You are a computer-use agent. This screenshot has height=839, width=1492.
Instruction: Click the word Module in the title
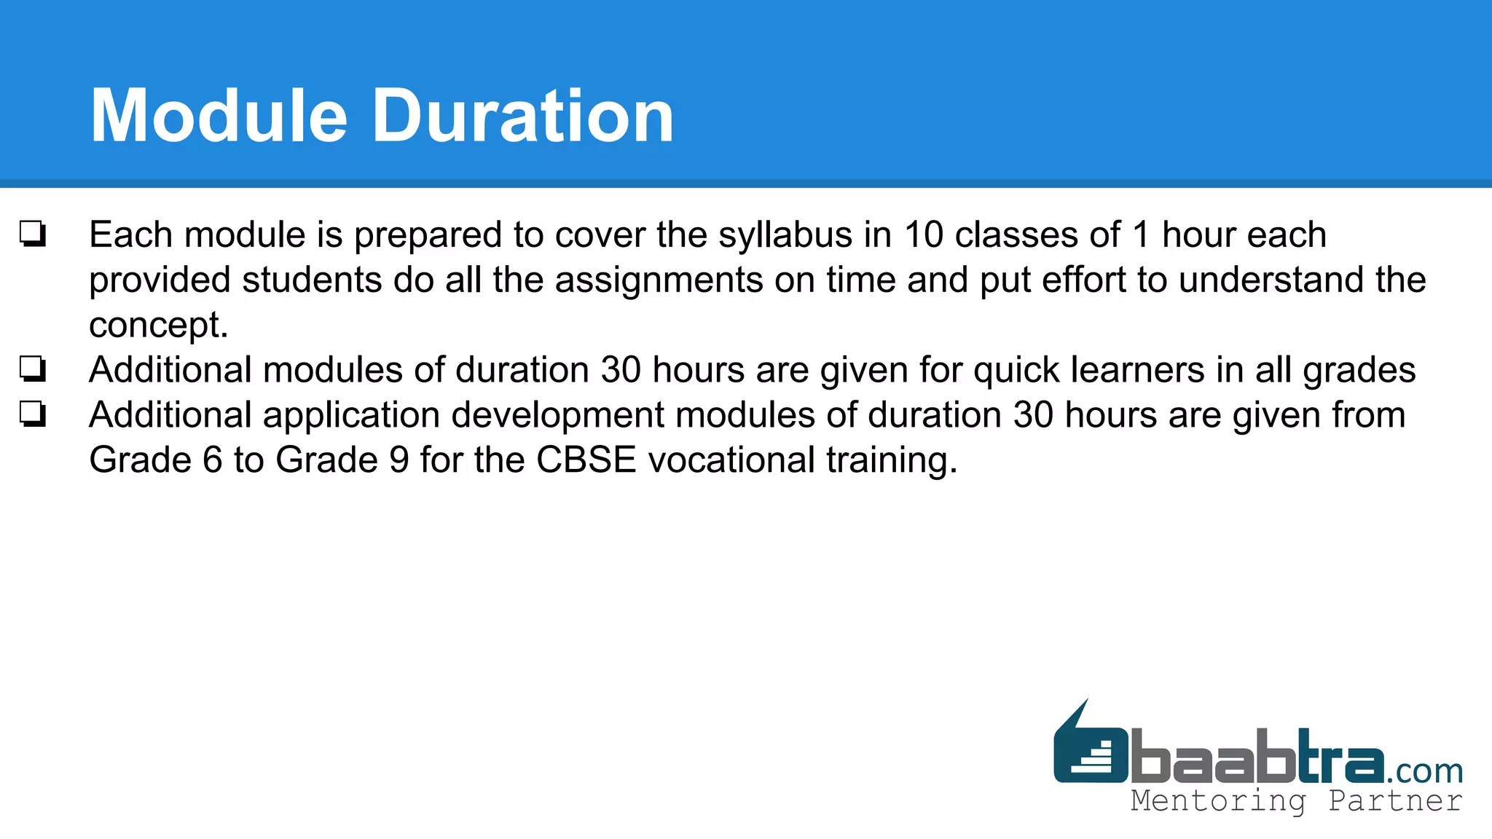pyautogui.click(x=219, y=117)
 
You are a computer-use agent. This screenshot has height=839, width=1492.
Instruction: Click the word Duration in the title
pyautogui.click(x=523, y=117)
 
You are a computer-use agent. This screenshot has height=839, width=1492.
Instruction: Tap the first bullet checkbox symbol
pyautogui.click(x=33, y=235)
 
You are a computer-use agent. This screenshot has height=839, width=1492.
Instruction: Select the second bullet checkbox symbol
pyautogui.click(x=33, y=369)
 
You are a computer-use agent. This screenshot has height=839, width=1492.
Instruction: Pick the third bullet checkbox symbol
pyautogui.click(x=33, y=414)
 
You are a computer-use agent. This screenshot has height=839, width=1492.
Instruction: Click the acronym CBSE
pyautogui.click(x=586, y=460)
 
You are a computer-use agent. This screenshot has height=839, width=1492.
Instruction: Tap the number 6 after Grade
pyautogui.click(x=212, y=460)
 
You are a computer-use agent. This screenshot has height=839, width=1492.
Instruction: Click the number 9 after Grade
pyautogui.click(x=399, y=460)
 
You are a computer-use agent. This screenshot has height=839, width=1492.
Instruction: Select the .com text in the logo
pyautogui.click(x=1424, y=771)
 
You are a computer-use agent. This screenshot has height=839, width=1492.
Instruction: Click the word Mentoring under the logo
pyautogui.click(x=1218, y=801)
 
